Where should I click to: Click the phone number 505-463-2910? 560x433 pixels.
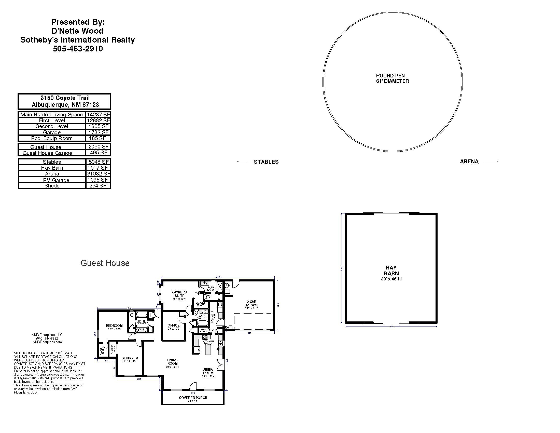[x=78, y=49]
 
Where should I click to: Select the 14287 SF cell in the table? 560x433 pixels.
[x=98, y=115]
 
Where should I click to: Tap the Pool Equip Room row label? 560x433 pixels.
[x=52, y=138]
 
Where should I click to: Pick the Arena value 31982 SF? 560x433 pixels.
[x=98, y=174]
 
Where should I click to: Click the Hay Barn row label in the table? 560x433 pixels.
[x=52, y=168]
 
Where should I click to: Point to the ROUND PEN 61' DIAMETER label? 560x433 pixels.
[x=392, y=78]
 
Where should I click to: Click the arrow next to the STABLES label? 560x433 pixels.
[x=242, y=162]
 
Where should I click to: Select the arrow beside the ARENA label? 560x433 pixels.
[x=491, y=161]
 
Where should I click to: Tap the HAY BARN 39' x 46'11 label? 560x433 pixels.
[x=391, y=273]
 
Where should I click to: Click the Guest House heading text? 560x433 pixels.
[x=105, y=263]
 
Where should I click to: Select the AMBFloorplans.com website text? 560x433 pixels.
[x=47, y=342]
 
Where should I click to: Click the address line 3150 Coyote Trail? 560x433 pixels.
[x=65, y=98]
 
